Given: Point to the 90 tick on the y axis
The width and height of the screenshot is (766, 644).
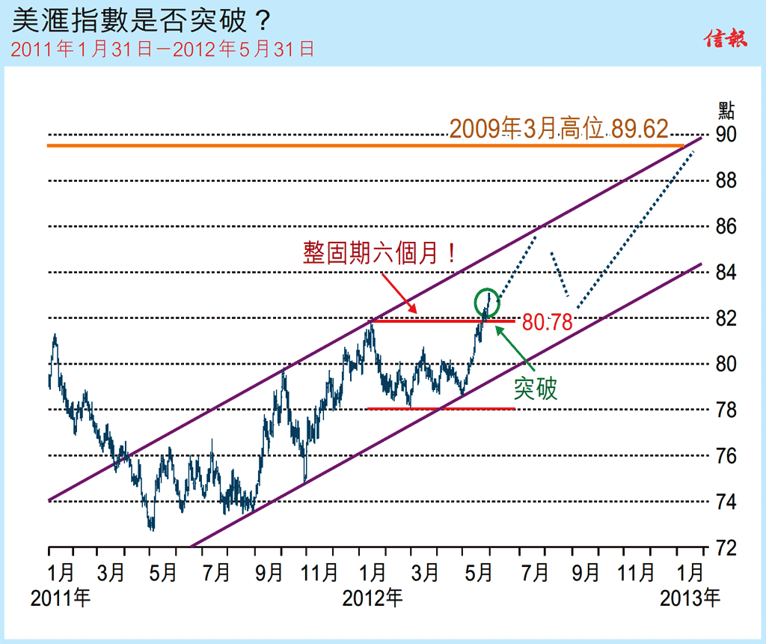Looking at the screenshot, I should tap(726, 135).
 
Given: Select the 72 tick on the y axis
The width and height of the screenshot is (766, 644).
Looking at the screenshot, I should tap(726, 547).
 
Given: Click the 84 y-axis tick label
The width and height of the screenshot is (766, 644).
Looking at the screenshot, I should tap(726, 273).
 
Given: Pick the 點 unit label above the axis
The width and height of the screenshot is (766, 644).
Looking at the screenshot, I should tap(726, 111).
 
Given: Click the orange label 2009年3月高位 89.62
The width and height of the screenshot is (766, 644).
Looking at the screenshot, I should tap(559, 129).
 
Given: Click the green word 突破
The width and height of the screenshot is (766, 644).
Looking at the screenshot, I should tap(536, 388).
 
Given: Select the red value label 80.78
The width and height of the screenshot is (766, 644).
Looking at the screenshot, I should tap(548, 323).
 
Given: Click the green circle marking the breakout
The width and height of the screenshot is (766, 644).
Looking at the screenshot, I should tap(486, 302).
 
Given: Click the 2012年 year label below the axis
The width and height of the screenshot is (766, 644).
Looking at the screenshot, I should tap(372, 598).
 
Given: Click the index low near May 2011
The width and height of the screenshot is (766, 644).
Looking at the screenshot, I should tap(152, 528).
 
